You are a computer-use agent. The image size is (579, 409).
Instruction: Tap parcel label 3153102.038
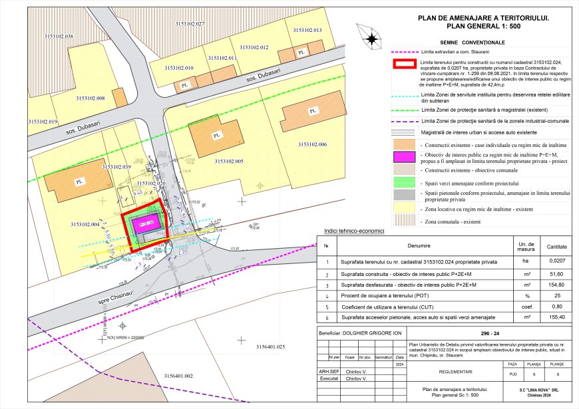59,36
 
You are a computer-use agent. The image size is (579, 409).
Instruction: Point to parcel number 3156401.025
270,347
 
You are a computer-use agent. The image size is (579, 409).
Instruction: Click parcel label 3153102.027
190,23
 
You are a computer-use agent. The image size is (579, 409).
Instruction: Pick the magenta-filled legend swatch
401,157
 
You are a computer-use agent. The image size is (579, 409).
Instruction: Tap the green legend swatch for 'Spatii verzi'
401,183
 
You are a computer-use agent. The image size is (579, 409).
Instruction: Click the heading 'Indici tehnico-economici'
354,231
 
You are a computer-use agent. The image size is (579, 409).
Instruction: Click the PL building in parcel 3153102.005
214,136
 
